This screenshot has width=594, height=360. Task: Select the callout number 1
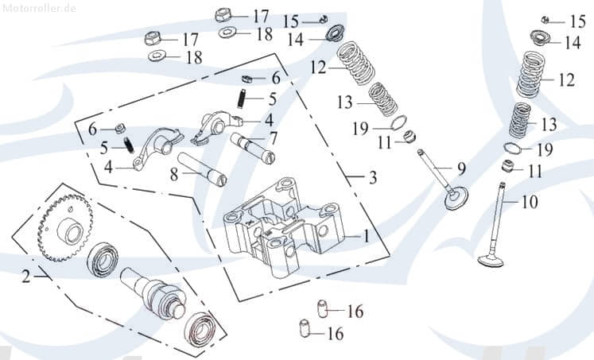[366, 236]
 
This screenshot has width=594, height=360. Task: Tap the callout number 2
[25, 277]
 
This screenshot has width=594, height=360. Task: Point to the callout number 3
[373, 178]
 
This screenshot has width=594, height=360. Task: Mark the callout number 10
[530, 202]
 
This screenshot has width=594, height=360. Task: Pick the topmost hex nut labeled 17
[223, 14]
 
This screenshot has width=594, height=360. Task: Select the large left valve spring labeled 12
[356, 65]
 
